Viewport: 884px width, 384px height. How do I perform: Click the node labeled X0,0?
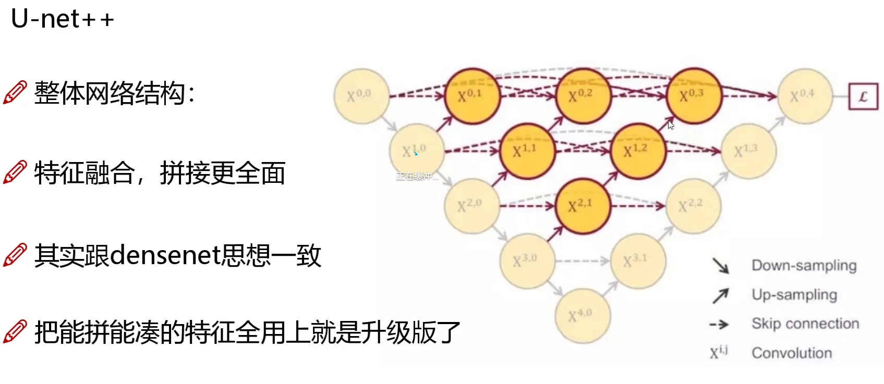(x=361, y=96)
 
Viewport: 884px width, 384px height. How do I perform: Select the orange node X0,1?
(x=471, y=96)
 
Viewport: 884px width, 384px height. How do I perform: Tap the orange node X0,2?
(x=583, y=96)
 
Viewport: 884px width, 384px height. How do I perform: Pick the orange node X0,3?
(x=694, y=96)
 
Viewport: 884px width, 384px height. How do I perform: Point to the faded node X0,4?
(x=804, y=96)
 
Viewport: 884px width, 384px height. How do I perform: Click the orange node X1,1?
(x=527, y=152)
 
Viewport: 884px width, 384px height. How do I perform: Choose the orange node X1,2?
(x=638, y=152)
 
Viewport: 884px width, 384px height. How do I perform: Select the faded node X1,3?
(x=748, y=152)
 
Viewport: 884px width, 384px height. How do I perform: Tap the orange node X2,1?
(x=582, y=206)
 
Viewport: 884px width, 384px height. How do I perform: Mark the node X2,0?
(x=471, y=206)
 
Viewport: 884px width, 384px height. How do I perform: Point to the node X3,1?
(x=637, y=261)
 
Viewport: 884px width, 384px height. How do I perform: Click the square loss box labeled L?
(x=863, y=96)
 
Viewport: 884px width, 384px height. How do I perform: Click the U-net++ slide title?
(x=62, y=19)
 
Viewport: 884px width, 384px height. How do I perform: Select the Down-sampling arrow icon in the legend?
(x=720, y=266)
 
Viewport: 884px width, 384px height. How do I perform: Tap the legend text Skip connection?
(x=805, y=324)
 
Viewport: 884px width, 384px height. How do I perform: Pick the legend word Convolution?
(x=791, y=353)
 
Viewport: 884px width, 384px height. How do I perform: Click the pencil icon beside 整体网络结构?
(x=15, y=93)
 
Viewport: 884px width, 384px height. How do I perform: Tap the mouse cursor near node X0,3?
(x=671, y=125)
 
